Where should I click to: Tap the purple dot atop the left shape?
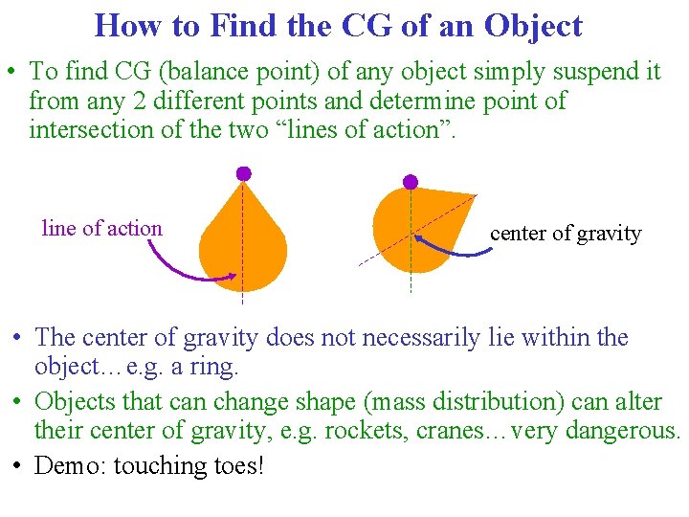(243, 173)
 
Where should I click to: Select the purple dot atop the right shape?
(411, 181)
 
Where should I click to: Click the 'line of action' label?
(102, 228)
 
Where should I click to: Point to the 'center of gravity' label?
(566, 233)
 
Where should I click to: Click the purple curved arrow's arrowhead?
(233, 277)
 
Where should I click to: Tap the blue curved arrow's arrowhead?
(420, 238)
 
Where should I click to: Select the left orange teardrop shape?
(243, 244)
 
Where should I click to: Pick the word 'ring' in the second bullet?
(227, 367)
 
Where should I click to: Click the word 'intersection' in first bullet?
(91, 128)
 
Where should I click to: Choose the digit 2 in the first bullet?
(140, 101)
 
